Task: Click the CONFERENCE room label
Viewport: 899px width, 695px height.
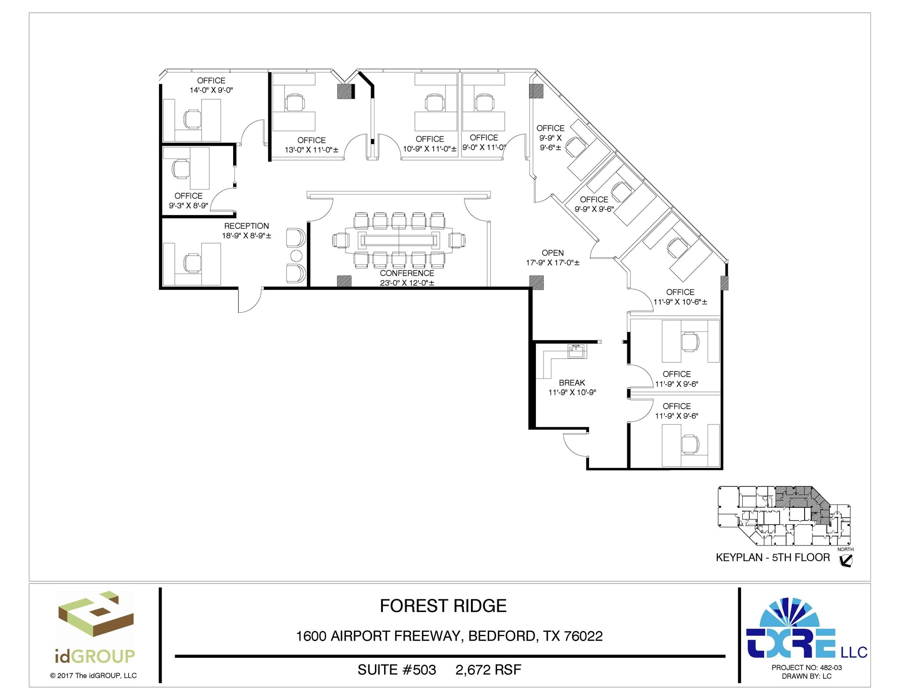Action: pyautogui.click(x=407, y=273)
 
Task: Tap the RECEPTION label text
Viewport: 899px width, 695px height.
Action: pyautogui.click(x=246, y=226)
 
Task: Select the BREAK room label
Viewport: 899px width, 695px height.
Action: pyautogui.click(x=572, y=383)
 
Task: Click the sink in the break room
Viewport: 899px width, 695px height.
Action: pyautogui.click(x=576, y=351)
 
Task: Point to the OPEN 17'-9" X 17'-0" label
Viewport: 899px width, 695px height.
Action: pyautogui.click(x=553, y=258)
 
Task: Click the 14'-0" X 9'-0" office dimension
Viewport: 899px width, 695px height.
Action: pyautogui.click(x=211, y=90)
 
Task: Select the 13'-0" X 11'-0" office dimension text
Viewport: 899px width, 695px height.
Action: pyautogui.click(x=311, y=150)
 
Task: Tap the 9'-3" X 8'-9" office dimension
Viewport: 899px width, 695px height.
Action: pyautogui.click(x=188, y=205)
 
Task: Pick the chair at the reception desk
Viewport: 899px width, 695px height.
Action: pyautogui.click(x=191, y=263)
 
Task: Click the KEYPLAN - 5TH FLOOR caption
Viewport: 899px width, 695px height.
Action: pyautogui.click(x=773, y=558)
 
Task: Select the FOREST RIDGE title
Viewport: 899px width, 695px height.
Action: pyautogui.click(x=443, y=606)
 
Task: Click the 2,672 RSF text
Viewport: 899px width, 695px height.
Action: pyautogui.click(x=488, y=670)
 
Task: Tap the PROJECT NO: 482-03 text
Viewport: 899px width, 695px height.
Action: pyautogui.click(x=806, y=668)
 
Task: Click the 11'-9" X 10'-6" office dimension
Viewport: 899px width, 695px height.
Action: pyautogui.click(x=680, y=302)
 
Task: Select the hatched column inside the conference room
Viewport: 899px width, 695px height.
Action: pyautogui.click(x=344, y=281)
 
